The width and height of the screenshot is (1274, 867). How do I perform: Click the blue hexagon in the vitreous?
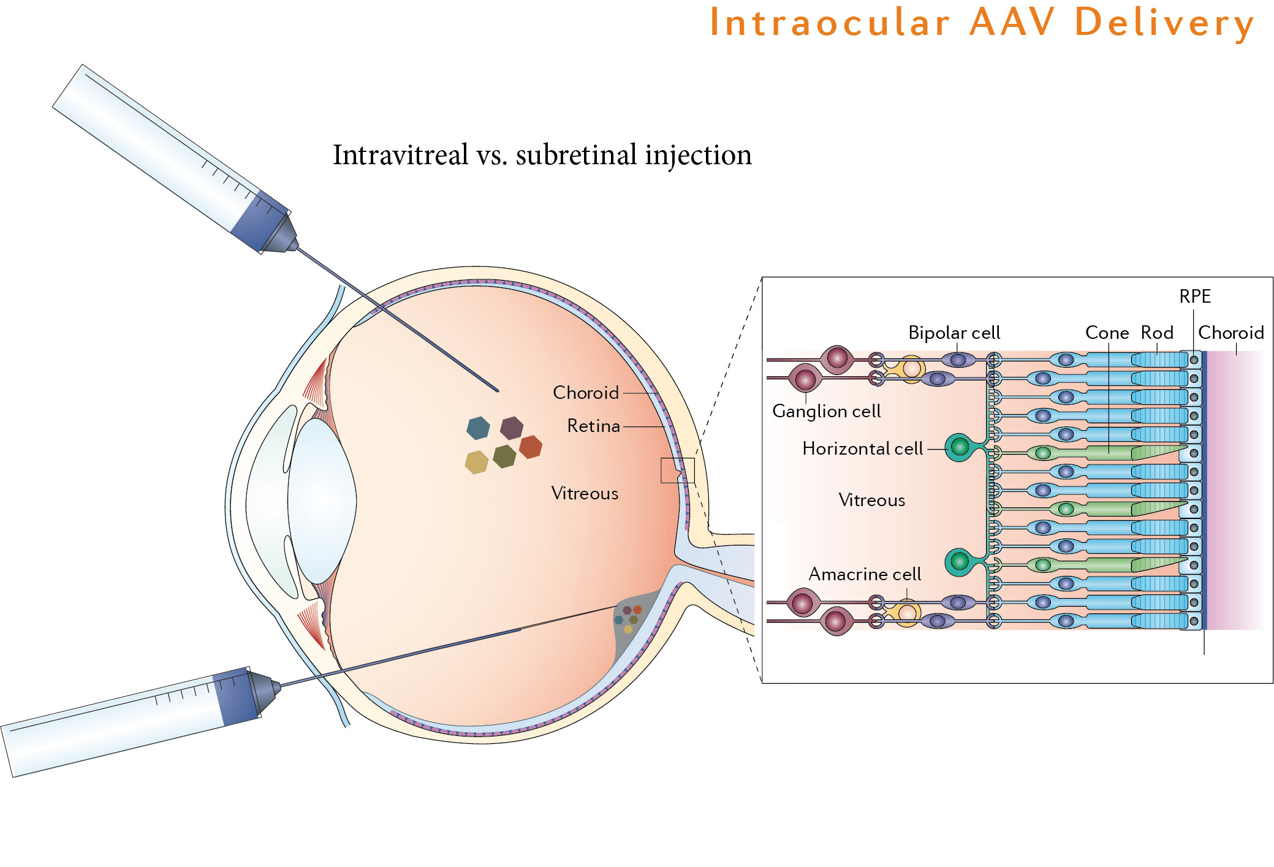478,428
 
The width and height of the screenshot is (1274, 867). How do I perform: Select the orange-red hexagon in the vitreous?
531,447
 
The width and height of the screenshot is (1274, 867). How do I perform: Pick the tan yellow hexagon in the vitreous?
476,462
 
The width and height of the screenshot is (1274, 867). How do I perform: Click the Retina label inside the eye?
593,426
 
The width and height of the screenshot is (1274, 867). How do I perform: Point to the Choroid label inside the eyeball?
585,393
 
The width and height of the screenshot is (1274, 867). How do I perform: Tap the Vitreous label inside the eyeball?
585,493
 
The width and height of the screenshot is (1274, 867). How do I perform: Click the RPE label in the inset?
1194,297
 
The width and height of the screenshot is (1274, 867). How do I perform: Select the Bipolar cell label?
954,333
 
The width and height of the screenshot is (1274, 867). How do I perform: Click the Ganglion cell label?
826,411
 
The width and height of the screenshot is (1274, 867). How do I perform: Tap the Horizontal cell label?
862,449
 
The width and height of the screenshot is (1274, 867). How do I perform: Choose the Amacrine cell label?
864,574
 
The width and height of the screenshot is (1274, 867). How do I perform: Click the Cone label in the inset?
1107,333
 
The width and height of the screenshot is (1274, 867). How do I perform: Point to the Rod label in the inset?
1156,333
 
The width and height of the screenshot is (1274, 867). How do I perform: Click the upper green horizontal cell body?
959,447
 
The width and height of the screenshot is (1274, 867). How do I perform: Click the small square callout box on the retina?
677,471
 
